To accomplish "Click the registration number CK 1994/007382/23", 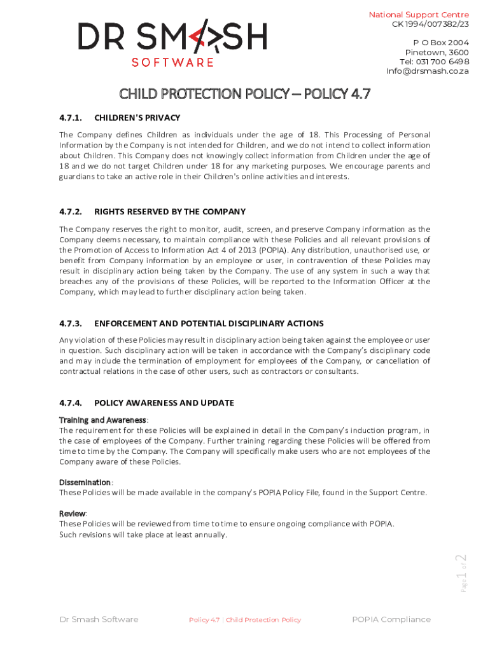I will (x=430, y=24).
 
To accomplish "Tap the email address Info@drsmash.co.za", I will (x=428, y=71).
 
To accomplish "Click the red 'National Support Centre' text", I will (x=419, y=15).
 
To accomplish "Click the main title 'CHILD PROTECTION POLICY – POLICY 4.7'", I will (x=245, y=95).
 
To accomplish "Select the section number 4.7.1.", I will (x=71, y=118).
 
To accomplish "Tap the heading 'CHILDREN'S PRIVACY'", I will (x=137, y=118).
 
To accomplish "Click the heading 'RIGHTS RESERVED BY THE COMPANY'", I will (x=169, y=212).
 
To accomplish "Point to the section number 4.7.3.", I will (x=71, y=324).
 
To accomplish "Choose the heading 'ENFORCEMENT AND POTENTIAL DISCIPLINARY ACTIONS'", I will (x=209, y=324).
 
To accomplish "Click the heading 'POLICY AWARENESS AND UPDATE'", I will (x=164, y=403).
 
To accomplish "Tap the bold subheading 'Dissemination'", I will (x=85, y=483).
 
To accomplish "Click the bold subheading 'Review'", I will (x=73, y=514).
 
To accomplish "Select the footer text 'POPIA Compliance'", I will (x=391, y=620).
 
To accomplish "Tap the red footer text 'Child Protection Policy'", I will (x=263, y=620).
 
